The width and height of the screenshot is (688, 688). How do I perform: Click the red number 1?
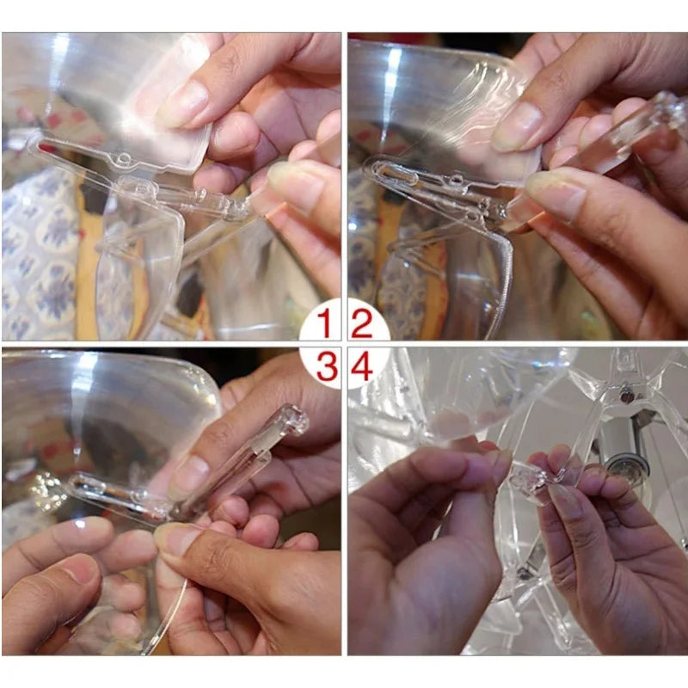(x=325, y=322)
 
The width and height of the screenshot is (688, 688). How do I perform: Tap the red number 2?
(x=362, y=324)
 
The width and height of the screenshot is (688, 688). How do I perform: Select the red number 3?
(x=327, y=369)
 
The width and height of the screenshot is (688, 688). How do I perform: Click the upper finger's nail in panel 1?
(x=183, y=104)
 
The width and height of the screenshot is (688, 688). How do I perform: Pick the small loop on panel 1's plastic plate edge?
(x=125, y=158)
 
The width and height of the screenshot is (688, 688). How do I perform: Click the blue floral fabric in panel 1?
(x=40, y=255)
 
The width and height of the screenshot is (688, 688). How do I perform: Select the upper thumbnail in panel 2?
(x=517, y=127)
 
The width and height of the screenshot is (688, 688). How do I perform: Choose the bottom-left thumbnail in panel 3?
(x=78, y=571)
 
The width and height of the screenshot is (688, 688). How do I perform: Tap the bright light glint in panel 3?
(x=46, y=487)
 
